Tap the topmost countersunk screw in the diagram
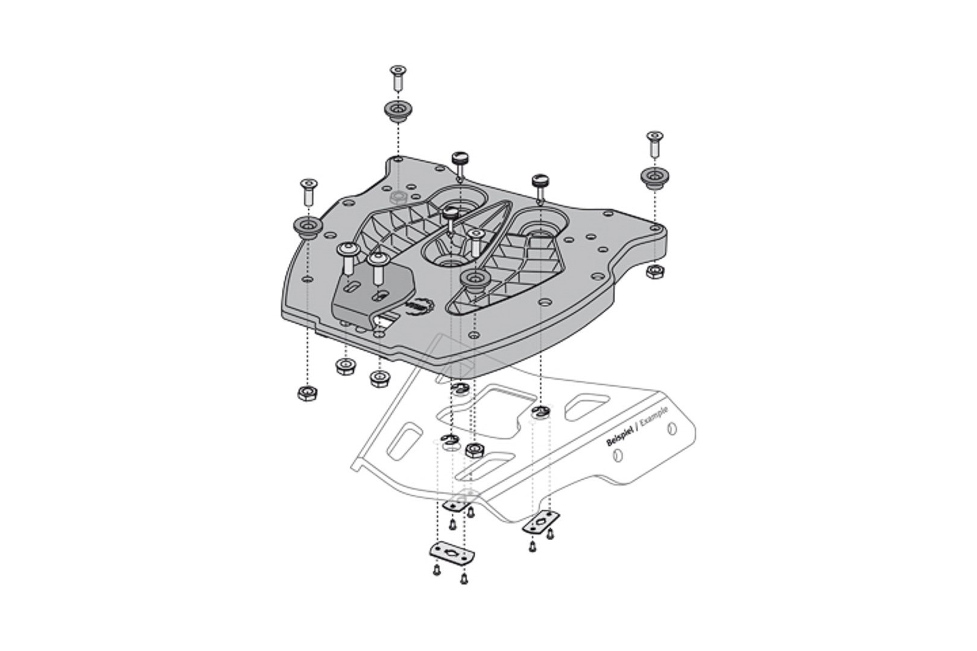click(397, 77)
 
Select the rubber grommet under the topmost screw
click(397, 110)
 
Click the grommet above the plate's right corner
click(653, 177)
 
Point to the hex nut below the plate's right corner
click(653, 272)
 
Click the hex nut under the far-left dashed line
click(307, 394)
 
